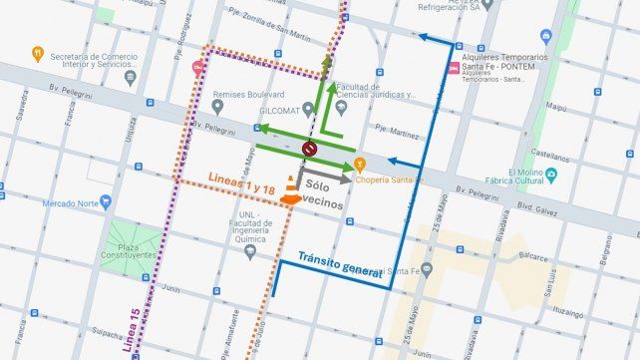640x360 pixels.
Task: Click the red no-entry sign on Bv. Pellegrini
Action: [x=309, y=150]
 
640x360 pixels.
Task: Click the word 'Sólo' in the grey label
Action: [x=318, y=185]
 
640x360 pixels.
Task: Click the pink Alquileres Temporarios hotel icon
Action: [x=454, y=69]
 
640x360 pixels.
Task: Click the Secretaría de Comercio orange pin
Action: [x=37, y=53]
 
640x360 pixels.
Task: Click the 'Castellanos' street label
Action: [x=550, y=155]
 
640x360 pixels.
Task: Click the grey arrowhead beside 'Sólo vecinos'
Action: [x=347, y=180]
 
